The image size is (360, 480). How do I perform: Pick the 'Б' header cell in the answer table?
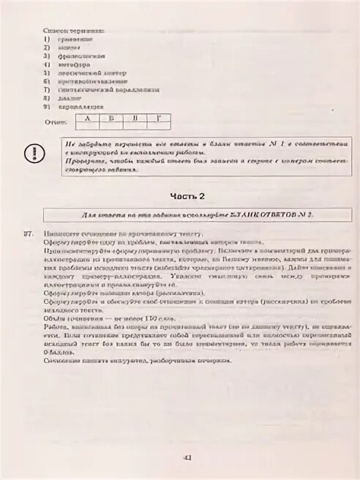point(112,117)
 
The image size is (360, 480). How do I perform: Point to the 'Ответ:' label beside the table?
point(56,122)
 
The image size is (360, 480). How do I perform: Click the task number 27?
point(29,234)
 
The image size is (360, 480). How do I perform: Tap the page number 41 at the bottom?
point(187,458)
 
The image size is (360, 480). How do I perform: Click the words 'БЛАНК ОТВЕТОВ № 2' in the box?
point(270,215)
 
